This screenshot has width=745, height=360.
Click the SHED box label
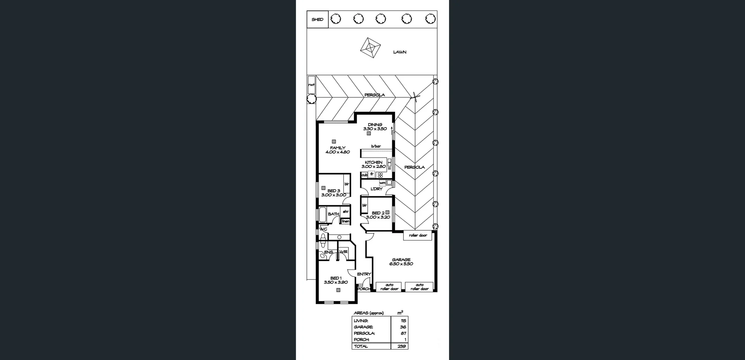[x=317, y=19]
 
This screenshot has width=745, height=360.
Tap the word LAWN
[x=400, y=52]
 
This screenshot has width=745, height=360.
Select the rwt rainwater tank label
[x=311, y=85]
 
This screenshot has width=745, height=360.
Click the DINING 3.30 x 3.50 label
[x=375, y=127]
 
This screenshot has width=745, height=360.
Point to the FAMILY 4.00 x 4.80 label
[x=338, y=150]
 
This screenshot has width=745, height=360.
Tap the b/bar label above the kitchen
[x=376, y=146]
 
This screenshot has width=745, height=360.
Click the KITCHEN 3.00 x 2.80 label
[x=374, y=164]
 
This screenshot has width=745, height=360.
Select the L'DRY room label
[x=376, y=189]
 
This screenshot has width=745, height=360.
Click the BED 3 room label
[x=334, y=193]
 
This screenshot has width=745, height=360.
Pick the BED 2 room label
[x=378, y=215]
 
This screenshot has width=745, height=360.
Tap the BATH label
[x=333, y=214]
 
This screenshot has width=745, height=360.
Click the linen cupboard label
[x=345, y=221]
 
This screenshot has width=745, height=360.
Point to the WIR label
[x=344, y=252]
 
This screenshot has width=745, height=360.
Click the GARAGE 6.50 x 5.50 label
[x=401, y=262]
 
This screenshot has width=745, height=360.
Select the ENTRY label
[x=364, y=274]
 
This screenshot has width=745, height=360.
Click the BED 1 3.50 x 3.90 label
[x=336, y=280]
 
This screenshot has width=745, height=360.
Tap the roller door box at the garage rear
[x=418, y=235]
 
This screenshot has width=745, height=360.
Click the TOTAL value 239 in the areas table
[x=402, y=346]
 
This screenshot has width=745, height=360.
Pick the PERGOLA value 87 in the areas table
[x=403, y=333]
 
